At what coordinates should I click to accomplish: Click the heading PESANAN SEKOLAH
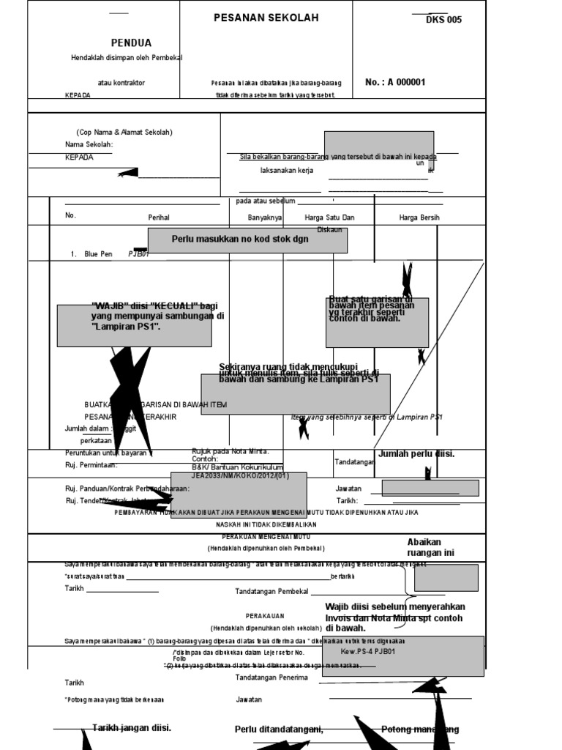click(266, 18)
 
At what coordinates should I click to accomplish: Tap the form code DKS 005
click(443, 20)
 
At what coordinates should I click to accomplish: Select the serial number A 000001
click(395, 83)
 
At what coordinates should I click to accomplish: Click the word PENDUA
click(132, 43)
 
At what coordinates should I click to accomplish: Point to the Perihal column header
click(159, 218)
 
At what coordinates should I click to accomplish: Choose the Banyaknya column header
click(265, 218)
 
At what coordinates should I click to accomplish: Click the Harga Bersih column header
click(419, 218)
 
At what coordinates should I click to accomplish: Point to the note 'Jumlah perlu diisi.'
click(416, 454)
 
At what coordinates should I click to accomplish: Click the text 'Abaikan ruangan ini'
click(430, 547)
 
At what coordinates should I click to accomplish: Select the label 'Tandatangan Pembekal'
click(271, 591)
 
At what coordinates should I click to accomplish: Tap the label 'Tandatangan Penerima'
click(271, 677)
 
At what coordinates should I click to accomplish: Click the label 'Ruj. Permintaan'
click(91, 465)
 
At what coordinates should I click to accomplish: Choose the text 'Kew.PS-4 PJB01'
click(368, 651)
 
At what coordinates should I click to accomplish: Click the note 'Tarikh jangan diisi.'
click(132, 728)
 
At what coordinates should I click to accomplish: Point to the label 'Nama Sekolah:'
click(89, 145)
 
